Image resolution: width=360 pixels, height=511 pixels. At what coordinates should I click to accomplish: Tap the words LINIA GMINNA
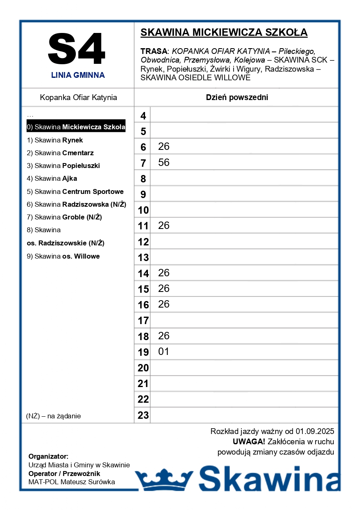pos(78,75)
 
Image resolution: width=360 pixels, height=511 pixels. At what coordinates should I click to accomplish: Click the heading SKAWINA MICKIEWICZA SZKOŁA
pos(224,33)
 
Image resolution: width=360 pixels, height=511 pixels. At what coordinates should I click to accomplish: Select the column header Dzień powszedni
pos(237,98)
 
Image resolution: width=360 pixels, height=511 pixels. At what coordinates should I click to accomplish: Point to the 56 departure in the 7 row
pos(164,162)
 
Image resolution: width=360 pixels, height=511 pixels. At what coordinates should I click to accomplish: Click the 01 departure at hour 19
pos(164,352)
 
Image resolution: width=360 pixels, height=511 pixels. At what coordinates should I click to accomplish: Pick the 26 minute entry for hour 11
pos(164,226)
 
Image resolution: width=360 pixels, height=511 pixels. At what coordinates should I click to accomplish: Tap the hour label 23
pos(143,415)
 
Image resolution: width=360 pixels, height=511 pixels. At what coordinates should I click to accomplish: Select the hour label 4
pos(143,116)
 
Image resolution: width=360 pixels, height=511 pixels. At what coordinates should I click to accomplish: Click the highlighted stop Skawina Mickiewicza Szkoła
pos(76,127)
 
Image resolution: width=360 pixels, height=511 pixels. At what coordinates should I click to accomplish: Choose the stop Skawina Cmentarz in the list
pos(60,153)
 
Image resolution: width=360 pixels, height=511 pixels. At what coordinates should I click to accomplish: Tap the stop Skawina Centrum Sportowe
pos(75,191)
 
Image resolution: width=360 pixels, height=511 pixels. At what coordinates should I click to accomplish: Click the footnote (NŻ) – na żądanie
pos(54,416)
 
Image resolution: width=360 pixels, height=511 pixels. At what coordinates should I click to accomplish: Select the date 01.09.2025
pos(315,432)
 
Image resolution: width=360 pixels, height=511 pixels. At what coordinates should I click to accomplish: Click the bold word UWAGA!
pos(249,442)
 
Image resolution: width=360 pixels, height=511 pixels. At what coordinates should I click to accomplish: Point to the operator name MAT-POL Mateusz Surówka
pos(72,482)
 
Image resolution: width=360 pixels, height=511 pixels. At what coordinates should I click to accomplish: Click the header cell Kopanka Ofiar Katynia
pos(78,98)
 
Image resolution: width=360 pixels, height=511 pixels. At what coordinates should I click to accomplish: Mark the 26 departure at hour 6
pos(164,147)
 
